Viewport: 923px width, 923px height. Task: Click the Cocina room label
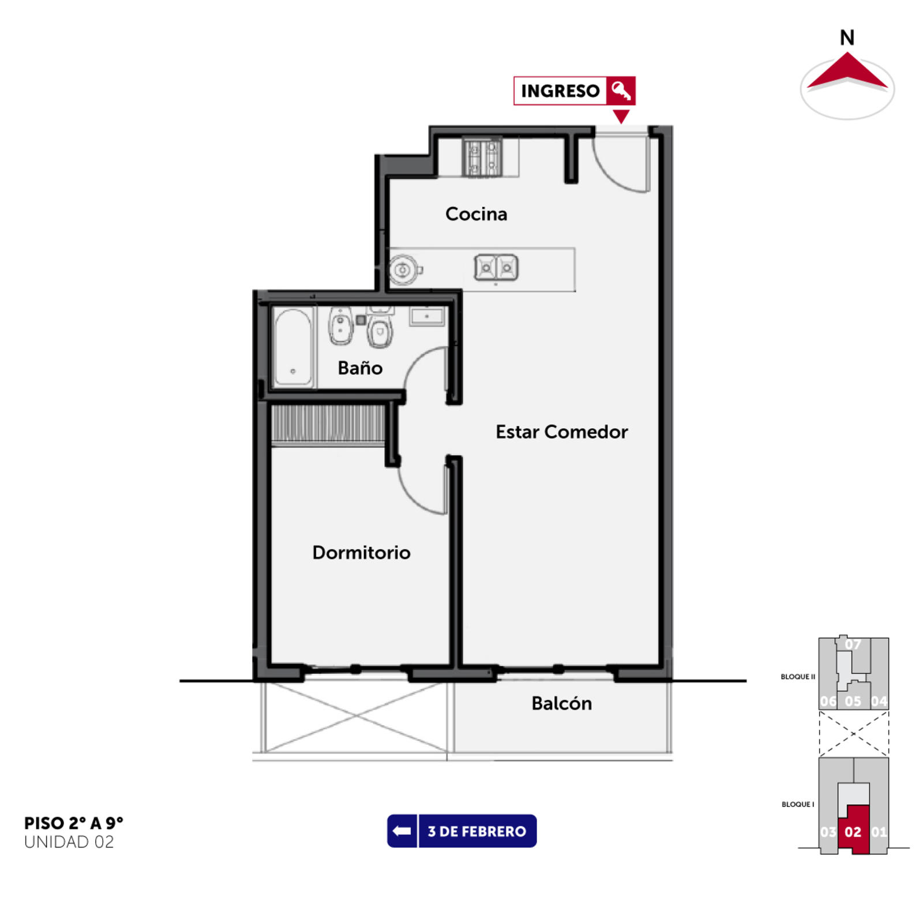click(476, 214)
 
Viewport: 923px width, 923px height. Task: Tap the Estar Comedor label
click(561, 432)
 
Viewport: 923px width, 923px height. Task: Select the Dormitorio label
click(361, 552)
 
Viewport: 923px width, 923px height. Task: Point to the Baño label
click(360, 367)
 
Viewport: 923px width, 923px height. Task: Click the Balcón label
click(561, 703)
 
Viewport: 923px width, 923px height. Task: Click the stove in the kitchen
click(482, 157)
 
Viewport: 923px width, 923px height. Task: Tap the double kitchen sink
click(496, 268)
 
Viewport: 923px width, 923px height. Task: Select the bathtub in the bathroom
click(294, 347)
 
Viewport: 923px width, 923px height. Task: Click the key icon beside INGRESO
click(621, 91)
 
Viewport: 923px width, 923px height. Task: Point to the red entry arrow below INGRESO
click(621, 116)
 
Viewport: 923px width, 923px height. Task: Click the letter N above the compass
click(847, 38)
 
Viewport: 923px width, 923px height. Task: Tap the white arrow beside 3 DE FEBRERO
click(402, 831)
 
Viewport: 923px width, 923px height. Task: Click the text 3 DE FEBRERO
click(477, 831)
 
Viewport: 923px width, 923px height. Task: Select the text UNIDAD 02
click(69, 842)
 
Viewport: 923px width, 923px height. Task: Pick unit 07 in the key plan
click(853, 644)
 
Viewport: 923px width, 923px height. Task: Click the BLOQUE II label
click(798, 677)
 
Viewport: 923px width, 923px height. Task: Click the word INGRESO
click(560, 91)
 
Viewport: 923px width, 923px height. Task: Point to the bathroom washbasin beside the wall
click(427, 316)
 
